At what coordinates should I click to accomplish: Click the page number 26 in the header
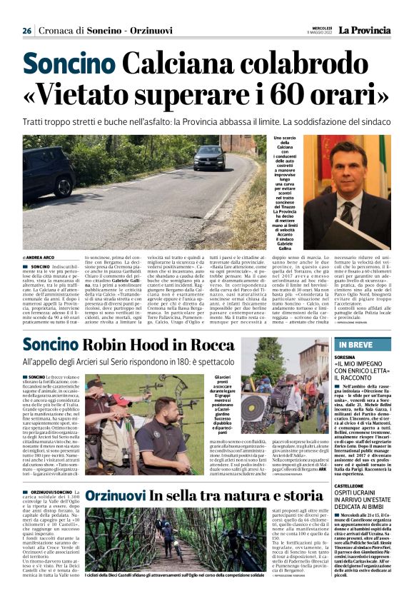pos(26,31)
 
